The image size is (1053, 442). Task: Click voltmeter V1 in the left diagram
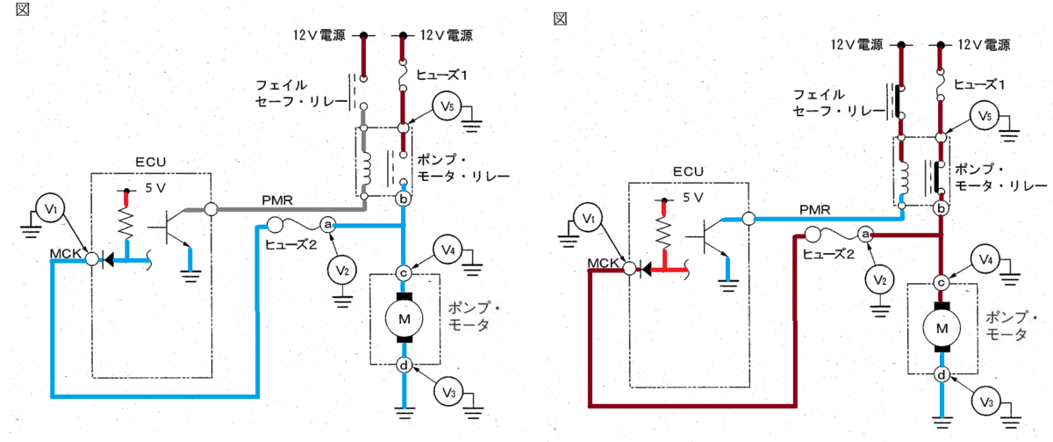50,208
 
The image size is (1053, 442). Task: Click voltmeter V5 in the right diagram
985,116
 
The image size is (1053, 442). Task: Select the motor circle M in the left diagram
405,319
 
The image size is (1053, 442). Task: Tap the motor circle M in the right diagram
942,329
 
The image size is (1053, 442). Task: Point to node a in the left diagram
327,225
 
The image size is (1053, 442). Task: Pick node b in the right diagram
941,208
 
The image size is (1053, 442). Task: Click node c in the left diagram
403,273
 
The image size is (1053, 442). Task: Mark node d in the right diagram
941,374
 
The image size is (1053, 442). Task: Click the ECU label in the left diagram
150,162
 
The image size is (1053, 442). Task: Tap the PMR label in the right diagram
814,209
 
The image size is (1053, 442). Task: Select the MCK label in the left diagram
65,253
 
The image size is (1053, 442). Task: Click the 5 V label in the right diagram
693,198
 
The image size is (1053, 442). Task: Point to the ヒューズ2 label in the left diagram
290,244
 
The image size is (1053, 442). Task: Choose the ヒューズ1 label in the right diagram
979,84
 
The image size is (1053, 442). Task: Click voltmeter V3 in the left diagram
448,392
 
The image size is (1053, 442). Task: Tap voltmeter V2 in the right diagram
879,280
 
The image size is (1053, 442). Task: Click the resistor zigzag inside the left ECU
126,223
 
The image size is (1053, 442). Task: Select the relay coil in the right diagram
903,178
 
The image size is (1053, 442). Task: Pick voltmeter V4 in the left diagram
448,250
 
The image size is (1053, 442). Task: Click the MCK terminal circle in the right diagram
629,268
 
